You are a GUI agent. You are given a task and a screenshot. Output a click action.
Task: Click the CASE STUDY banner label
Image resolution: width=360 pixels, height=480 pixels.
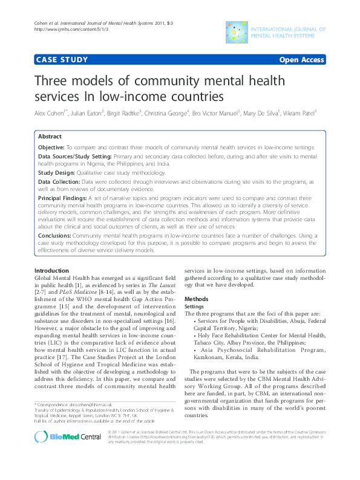(x=62, y=60)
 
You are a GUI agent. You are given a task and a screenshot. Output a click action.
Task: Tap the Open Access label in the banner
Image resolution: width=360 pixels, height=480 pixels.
(x=301, y=60)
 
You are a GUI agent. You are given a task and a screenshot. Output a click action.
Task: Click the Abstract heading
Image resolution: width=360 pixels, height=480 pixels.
(x=50, y=137)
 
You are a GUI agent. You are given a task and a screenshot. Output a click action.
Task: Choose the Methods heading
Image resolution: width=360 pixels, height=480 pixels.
(x=196, y=299)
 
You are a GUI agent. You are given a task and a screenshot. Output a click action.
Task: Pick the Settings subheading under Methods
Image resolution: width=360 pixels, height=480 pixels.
(x=195, y=306)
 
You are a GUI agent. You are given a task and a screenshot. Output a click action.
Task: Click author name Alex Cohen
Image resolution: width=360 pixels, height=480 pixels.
(x=50, y=112)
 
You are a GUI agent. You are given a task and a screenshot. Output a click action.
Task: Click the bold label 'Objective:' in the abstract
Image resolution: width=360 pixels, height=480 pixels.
(x=51, y=148)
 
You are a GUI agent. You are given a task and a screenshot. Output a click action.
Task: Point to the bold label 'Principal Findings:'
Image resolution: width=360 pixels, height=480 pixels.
(x=62, y=198)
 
